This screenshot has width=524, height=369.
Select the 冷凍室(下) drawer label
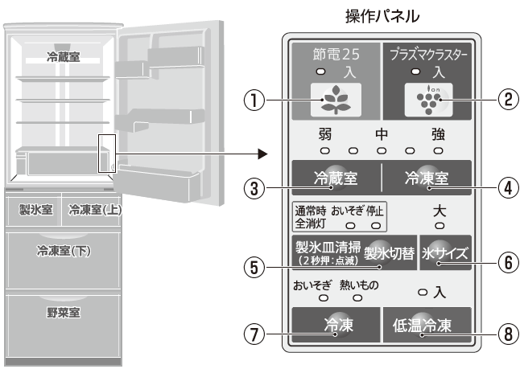coord(63,250)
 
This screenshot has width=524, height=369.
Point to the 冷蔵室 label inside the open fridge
coord(63,59)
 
